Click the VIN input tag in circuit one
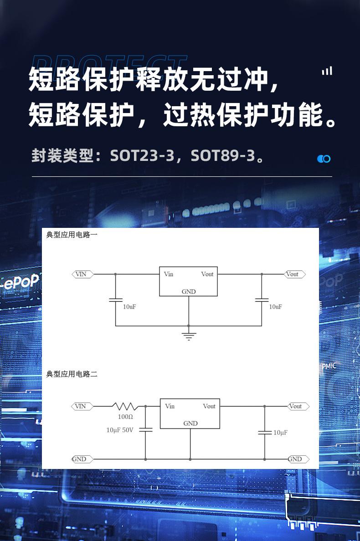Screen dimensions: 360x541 pos(82,274)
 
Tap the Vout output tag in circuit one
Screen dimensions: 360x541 pos(295,274)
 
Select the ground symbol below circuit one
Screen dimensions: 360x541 pos(189,336)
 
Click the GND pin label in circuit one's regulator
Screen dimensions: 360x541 pos(189,292)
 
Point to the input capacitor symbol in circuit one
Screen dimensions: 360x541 pos(115,300)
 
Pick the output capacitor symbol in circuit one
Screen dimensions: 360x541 pos(262,300)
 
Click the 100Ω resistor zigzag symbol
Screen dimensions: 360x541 pos(125,406)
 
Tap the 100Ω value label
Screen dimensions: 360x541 pos(125,417)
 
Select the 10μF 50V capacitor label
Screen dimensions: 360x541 pos(120,430)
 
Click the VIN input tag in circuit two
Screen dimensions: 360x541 pos(82,407)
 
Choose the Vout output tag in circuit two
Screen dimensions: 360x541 pos(298,407)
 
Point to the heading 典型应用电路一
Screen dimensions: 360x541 pos(72,235)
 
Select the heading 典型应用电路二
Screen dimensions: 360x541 pos(72,374)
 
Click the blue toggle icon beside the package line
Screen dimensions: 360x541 pos(324,159)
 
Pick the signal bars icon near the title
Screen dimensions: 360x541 pos(327,71)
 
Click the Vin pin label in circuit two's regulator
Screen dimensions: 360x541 pos(170,406)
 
